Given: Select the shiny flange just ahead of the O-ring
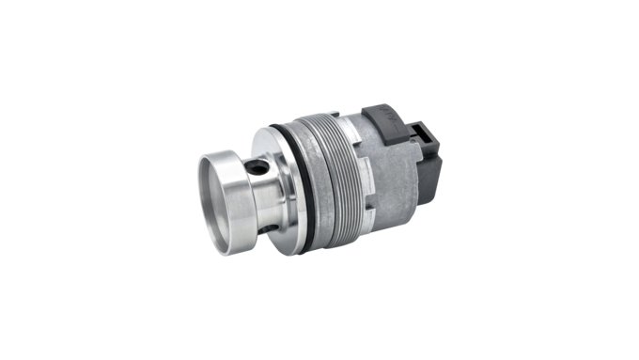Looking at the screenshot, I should click(x=280, y=188).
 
